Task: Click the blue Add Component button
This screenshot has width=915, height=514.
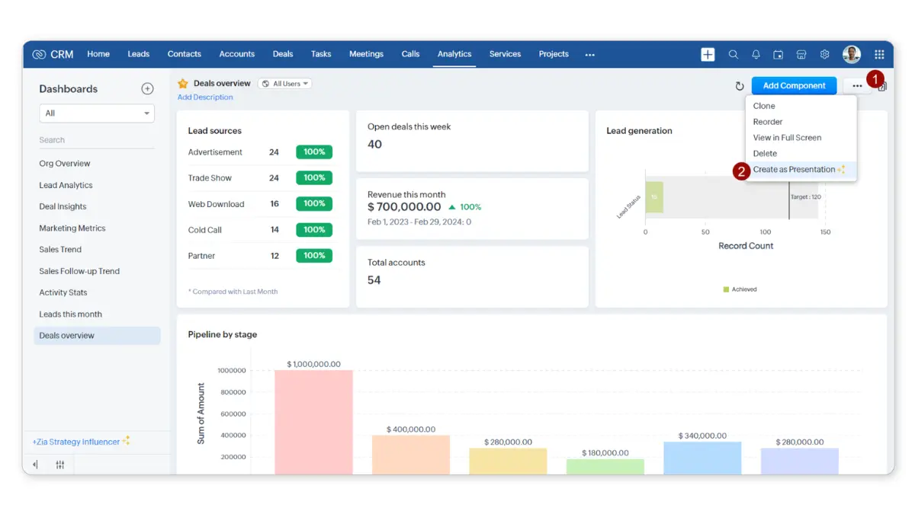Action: tap(794, 86)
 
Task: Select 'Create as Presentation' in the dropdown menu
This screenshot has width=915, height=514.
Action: tap(794, 170)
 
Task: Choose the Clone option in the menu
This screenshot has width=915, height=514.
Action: tap(764, 106)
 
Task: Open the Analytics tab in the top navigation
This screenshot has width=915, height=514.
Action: tap(454, 54)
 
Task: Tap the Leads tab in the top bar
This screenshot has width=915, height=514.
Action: tap(139, 54)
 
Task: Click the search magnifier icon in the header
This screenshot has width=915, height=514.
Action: tap(734, 55)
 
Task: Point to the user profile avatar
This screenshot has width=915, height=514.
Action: tap(852, 54)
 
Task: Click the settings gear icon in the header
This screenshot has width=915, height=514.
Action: tap(824, 55)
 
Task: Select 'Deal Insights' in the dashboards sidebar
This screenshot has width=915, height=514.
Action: tap(63, 206)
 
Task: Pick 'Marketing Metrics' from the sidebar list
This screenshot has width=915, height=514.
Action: tap(72, 228)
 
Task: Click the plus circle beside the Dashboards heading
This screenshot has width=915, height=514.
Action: tap(147, 89)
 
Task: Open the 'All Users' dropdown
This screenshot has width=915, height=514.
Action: tap(286, 84)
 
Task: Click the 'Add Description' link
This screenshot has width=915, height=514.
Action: tap(205, 97)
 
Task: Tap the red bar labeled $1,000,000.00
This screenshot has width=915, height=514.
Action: tap(313, 419)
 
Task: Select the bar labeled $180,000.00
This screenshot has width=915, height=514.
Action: tap(605, 466)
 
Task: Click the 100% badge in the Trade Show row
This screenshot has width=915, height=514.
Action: tap(314, 178)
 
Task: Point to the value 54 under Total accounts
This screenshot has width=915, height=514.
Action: tap(374, 280)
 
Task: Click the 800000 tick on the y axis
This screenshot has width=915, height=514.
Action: tap(232, 392)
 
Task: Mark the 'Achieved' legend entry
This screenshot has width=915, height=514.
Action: tap(740, 289)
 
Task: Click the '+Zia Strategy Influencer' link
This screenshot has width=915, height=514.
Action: tap(76, 442)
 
